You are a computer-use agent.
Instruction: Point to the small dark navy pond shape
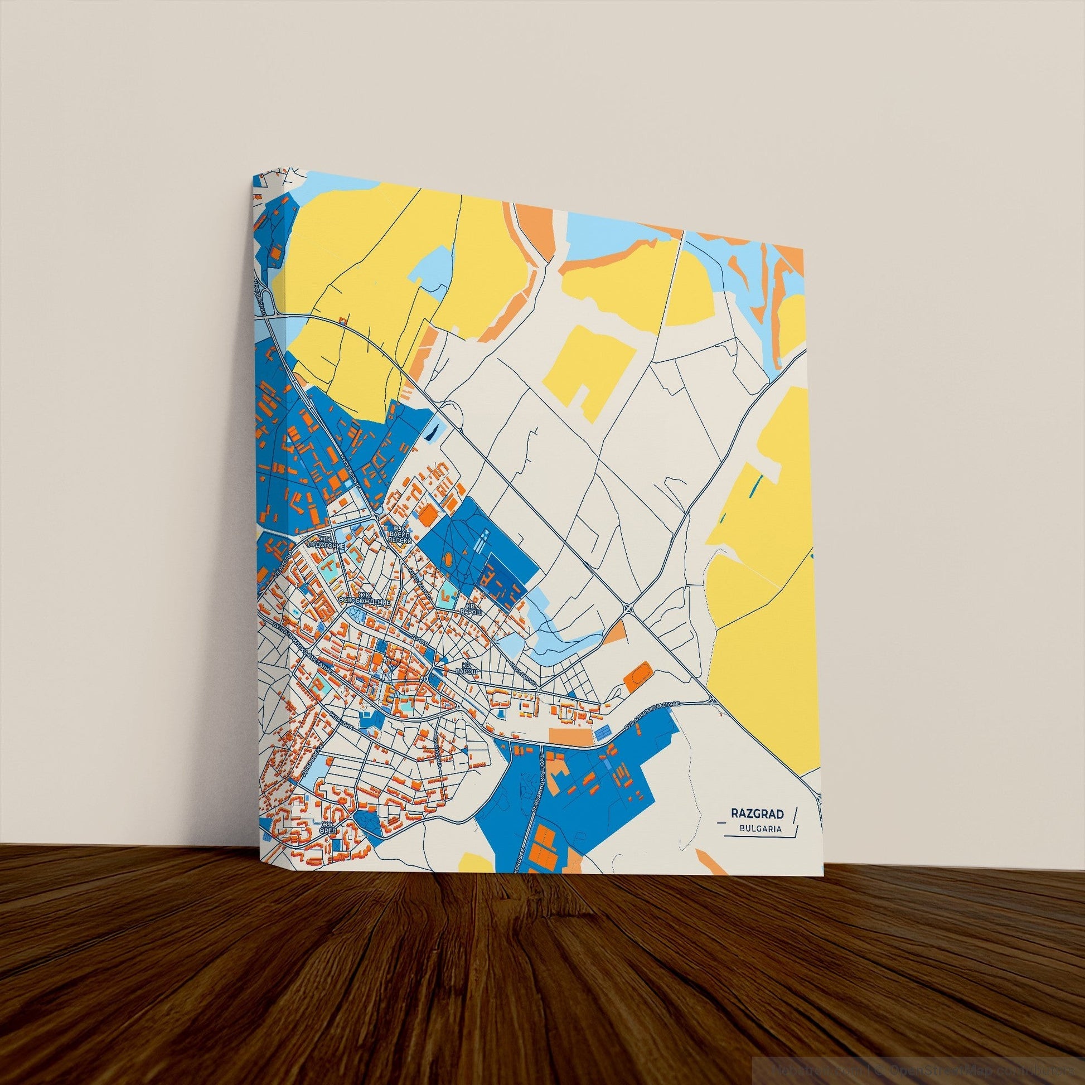coord(431,432)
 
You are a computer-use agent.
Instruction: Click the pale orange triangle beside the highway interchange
coord(616,633)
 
